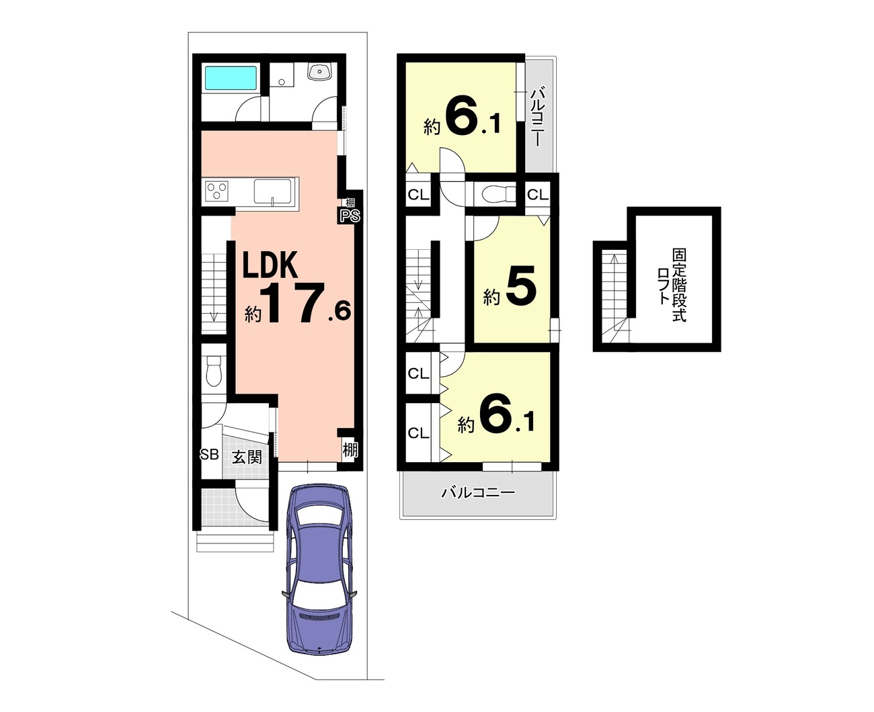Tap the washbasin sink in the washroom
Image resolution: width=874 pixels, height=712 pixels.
click(x=319, y=72)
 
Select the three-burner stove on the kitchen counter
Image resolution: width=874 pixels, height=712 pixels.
click(x=217, y=191)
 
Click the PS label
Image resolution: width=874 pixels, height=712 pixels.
click(x=350, y=215)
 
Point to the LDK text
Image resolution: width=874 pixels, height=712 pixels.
click(x=270, y=265)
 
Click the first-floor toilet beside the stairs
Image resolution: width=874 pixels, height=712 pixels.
click(x=213, y=371)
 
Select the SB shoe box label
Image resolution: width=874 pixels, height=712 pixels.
click(x=209, y=454)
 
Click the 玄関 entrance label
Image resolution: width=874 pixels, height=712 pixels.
click(x=247, y=457)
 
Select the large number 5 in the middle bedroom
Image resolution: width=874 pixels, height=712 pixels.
click(x=520, y=285)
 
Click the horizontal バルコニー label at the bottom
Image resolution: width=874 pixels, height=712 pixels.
click(x=478, y=492)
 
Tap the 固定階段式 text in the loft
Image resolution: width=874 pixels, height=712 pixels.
click(x=679, y=285)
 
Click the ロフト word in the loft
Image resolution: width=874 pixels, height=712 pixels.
click(x=664, y=285)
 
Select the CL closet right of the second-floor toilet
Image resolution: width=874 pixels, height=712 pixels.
click(x=537, y=194)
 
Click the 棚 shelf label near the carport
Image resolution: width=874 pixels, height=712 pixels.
click(x=350, y=449)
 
